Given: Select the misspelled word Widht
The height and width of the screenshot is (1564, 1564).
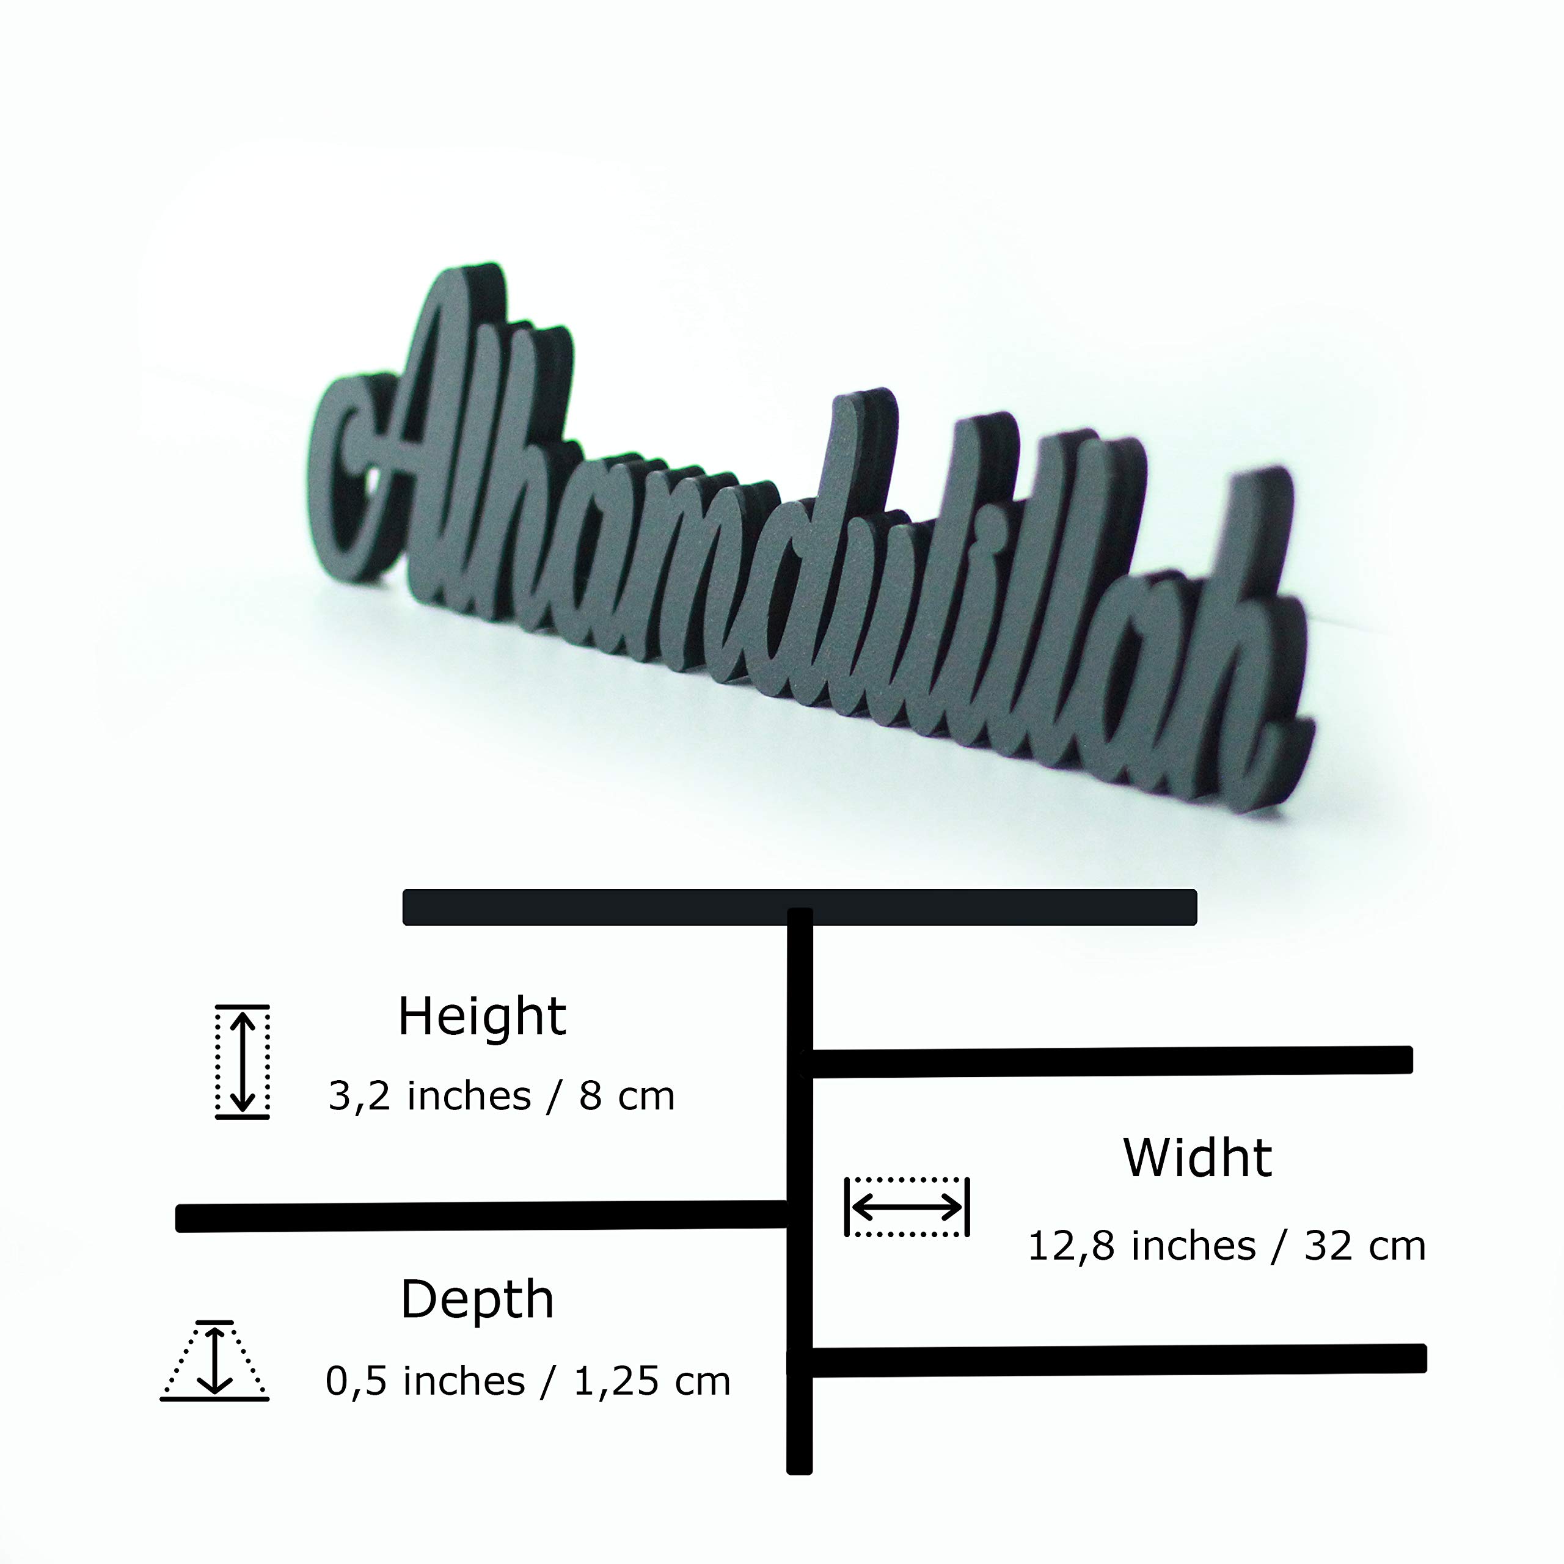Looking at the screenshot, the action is click(x=1197, y=1158).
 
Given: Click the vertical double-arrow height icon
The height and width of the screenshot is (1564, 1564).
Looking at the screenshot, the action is click(x=242, y=1062).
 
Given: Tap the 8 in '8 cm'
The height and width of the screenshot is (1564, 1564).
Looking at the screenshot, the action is click(x=590, y=1096).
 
